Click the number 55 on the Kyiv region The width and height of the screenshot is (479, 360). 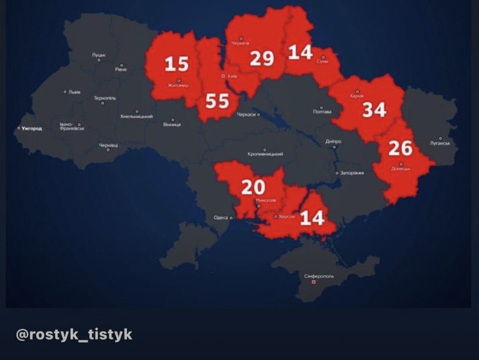tap(217, 102)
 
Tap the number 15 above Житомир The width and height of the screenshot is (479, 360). tap(176, 64)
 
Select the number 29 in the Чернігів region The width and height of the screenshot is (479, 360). tap(262, 59)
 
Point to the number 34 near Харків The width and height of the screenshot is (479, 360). tap(374, 110)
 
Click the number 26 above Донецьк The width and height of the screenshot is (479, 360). tap(400, 148)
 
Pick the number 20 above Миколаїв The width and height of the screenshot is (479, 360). tap(253, 187)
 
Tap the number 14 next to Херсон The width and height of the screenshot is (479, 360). tap(312, 218)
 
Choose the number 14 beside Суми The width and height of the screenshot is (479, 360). tap(300, 52)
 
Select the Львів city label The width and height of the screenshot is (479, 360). tap(74, 92)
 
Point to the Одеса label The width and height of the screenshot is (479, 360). tap(220, 218)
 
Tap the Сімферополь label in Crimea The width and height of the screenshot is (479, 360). tap(319, 276)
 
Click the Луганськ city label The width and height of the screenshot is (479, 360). tap(440, 143)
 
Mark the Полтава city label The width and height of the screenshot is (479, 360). tap(322, 112)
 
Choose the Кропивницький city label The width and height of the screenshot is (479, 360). tap(265, 154)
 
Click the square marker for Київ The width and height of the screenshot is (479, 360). tap(223, 76)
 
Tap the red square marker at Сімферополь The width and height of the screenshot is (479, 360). tap(313, 282)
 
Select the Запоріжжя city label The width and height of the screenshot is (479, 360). tap(352, 173)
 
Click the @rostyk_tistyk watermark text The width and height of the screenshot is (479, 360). tap(74, 335)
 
